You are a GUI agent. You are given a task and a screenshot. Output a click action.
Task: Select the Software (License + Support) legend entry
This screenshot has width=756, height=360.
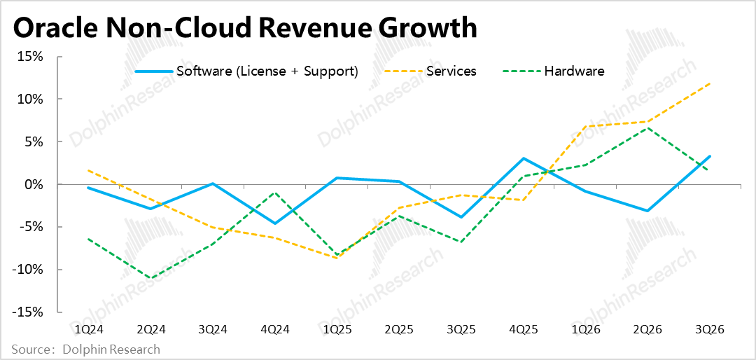(267, 71)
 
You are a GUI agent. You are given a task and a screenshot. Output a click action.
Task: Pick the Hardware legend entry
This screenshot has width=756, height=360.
(574, 71)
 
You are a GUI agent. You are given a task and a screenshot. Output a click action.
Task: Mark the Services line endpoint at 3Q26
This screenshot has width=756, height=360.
(710, 83)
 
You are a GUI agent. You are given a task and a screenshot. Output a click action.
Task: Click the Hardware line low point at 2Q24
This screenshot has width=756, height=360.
(150, 278)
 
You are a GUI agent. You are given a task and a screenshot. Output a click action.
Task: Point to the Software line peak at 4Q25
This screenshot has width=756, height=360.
(524, 158)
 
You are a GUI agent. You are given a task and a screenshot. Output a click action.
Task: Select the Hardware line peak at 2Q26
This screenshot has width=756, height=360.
(648, 128)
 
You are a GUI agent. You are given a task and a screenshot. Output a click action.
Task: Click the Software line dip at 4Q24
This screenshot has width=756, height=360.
(275, 223)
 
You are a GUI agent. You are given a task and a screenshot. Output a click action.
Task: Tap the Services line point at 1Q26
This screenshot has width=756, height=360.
(586, 127)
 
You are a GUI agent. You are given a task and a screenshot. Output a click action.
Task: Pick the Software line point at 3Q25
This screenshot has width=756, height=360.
(461, 217)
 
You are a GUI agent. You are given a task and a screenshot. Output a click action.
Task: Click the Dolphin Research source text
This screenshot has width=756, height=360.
(111, 349)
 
